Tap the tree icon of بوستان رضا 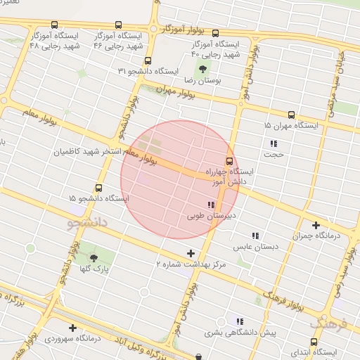click(x=202, y=70)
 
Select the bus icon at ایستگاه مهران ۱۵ click(x=291, y=114)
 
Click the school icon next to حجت click(x=274, y=143)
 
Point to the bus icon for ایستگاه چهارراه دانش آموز click(x=229, y=160)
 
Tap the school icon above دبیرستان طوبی click(x=212, y=205)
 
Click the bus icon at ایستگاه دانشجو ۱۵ click(x=98, y=188)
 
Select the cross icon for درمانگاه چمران click(x=316, y=225)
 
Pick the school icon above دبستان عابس click(x=256, y=236)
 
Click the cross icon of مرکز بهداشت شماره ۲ click(x=191, y=253)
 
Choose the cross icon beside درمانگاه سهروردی click(x=73, y=328)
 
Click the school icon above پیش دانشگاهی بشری click(x=240, y=321)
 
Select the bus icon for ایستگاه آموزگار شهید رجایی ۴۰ click(x=215, y=32)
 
